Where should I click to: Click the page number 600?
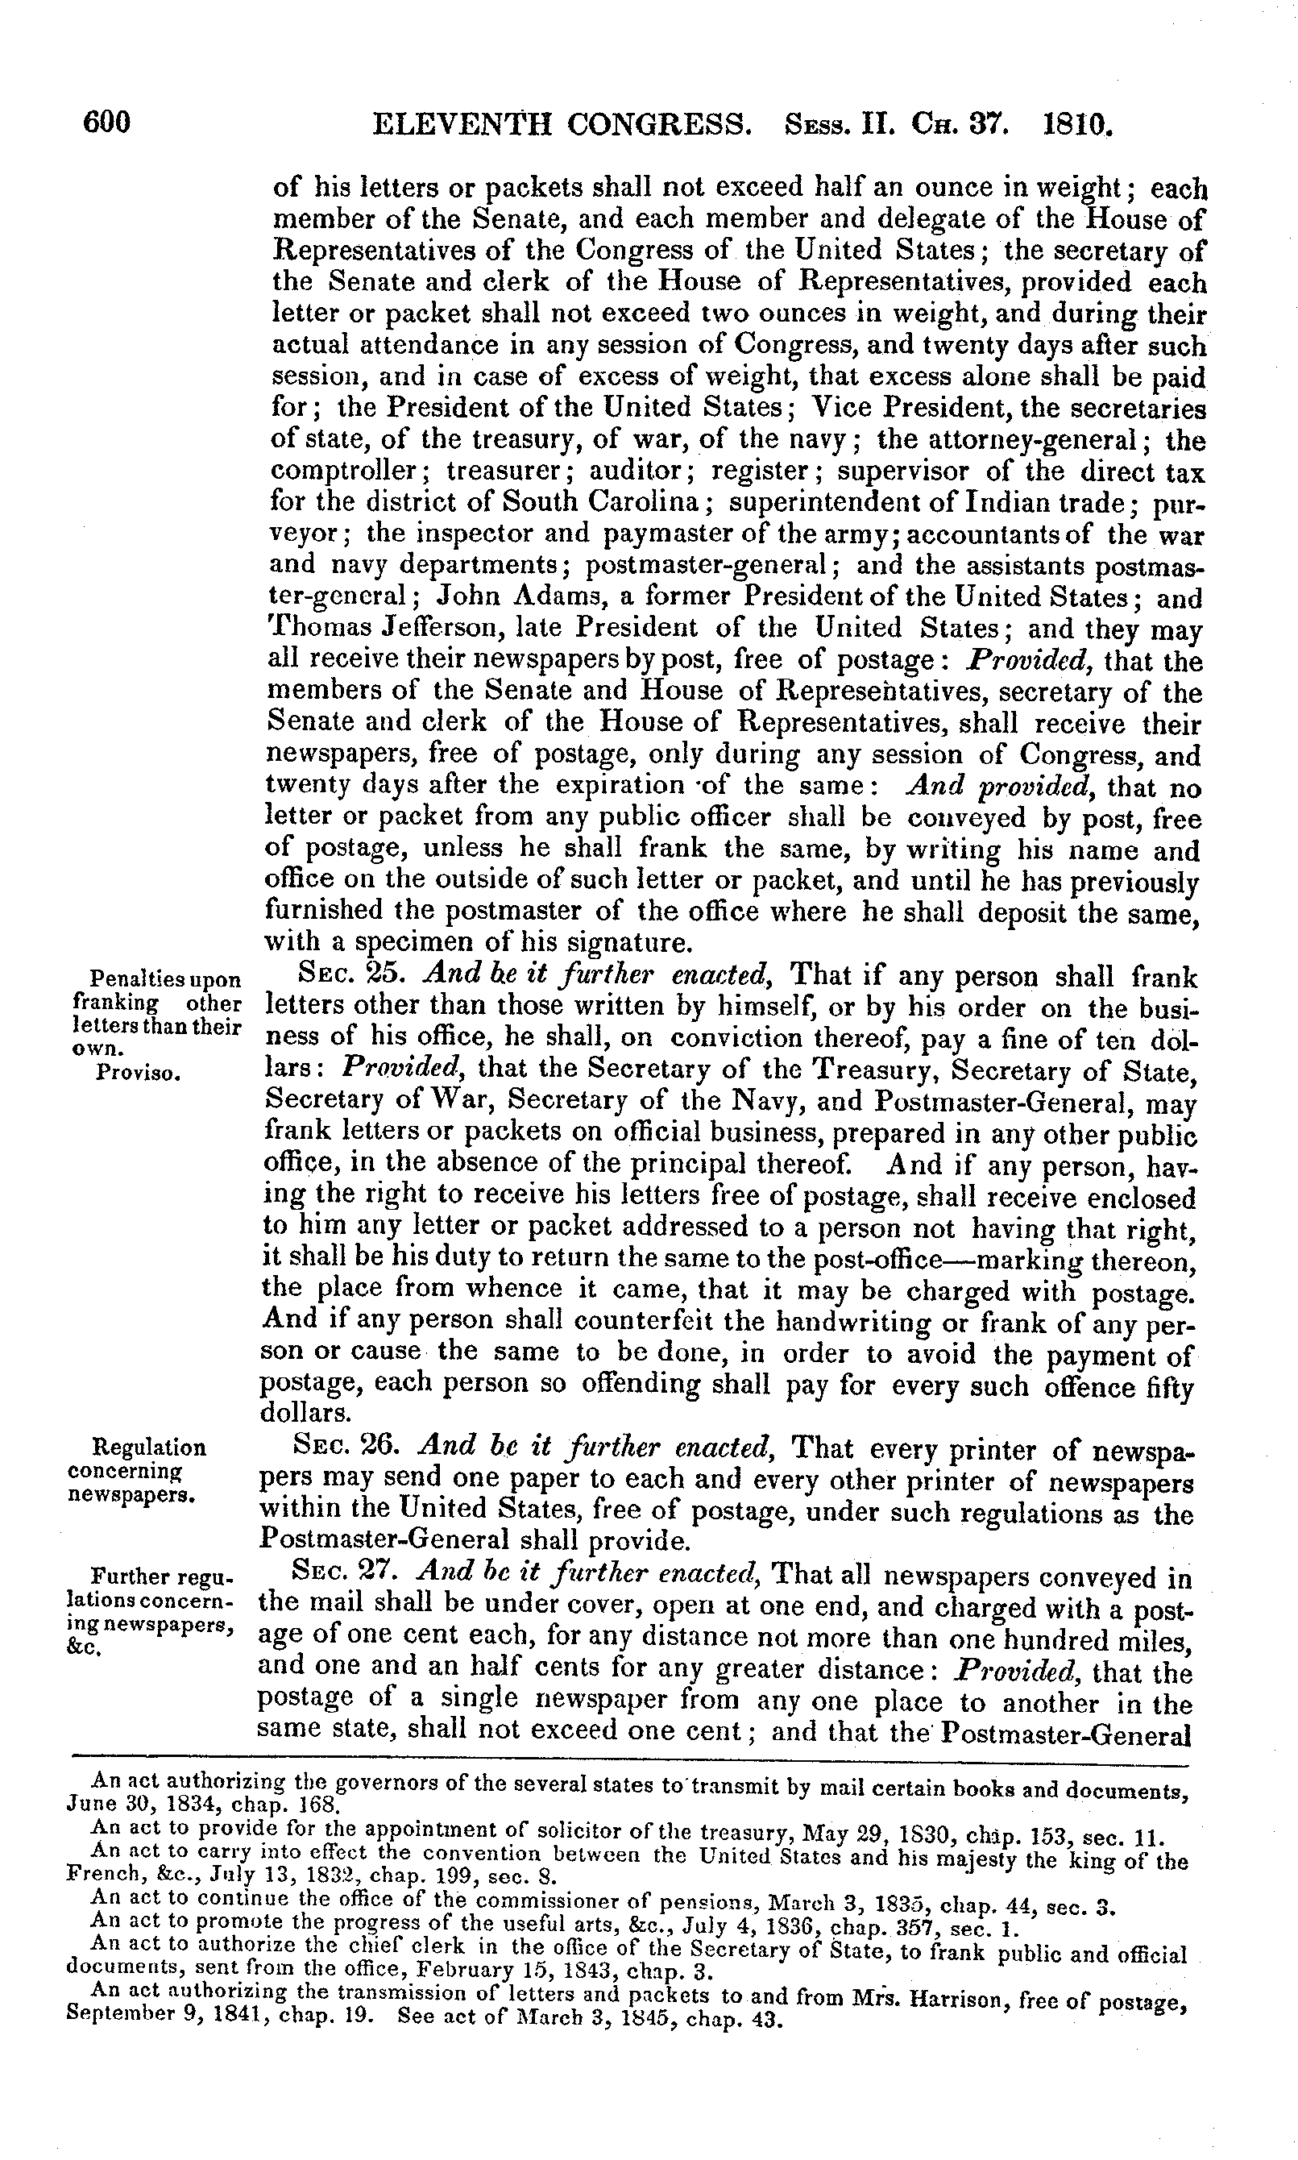[106, 123]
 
